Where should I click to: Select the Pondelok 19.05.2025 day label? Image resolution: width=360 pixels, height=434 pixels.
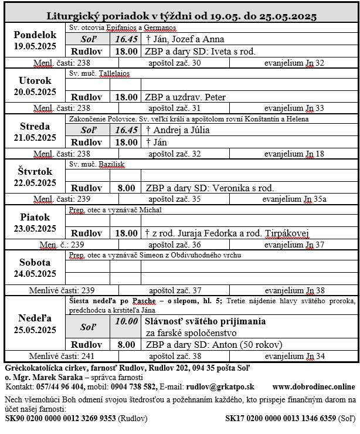tap(35, 40)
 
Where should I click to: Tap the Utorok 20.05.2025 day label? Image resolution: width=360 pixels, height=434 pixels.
tap(35, 86)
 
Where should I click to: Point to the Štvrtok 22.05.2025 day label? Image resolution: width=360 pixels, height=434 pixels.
tap(35, 177)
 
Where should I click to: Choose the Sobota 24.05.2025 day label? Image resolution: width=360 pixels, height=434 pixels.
tap(35, 268)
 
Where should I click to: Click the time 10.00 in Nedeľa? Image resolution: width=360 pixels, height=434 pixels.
tap(125, 321)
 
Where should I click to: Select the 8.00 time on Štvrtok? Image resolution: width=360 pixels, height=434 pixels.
tap(125, 188)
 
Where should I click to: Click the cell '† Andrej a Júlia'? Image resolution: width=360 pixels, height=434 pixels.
tap(178, 130)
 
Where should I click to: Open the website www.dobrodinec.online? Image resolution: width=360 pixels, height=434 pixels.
tap(314, 386)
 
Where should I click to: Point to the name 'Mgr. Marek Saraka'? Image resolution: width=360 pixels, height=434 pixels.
tap(46, 377)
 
